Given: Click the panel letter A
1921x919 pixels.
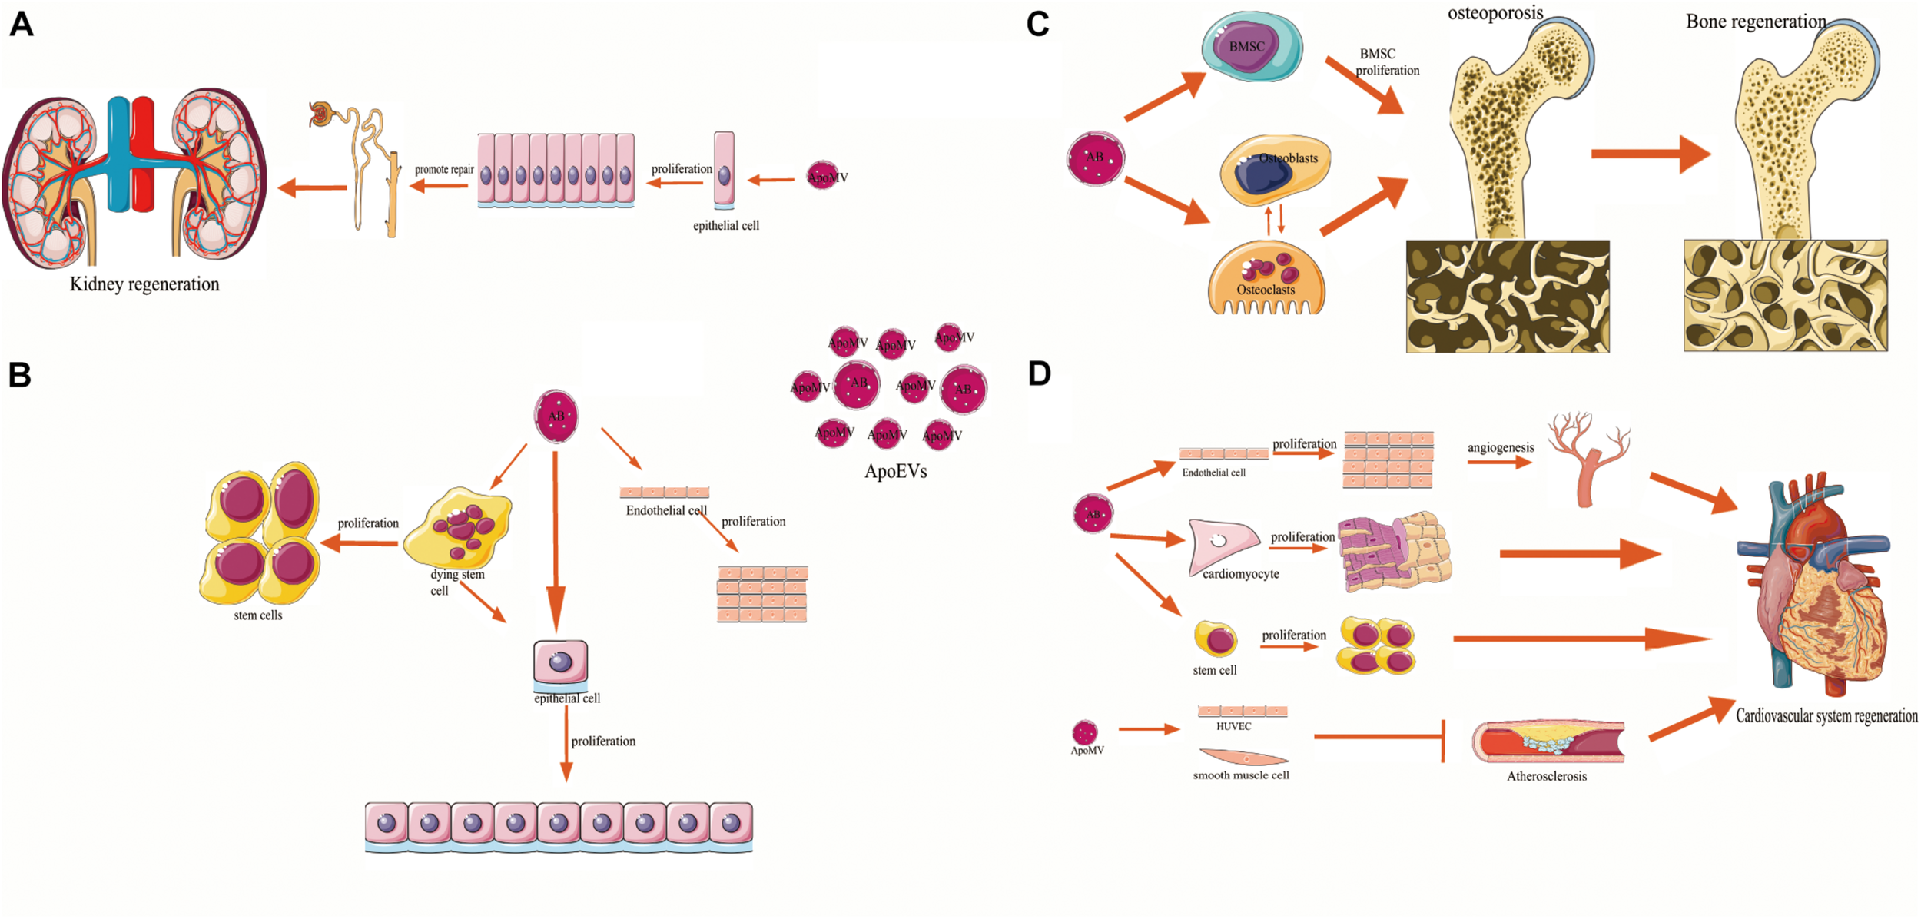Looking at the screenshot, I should [22, 24].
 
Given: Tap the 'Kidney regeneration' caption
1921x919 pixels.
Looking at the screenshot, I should [144, 284].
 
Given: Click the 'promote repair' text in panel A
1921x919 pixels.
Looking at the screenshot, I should [444, 169].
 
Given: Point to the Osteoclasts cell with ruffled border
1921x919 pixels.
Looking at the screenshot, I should [1266, 278].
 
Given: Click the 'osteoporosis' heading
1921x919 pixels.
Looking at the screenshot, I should [1495, 12].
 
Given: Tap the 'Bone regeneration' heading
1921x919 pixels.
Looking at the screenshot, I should [1756, 22].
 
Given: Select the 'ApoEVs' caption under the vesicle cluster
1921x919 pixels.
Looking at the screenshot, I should [895, 471].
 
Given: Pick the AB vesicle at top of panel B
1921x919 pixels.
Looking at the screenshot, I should [556, 416].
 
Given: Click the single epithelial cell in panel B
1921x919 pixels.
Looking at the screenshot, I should [560, 662].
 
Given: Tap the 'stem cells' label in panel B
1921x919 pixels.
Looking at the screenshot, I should [257, 615].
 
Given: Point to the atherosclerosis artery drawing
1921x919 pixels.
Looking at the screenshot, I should [1548, 742].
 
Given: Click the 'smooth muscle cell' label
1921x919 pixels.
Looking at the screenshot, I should [1240, 775].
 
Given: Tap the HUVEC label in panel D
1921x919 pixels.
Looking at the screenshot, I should [1233, 726].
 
